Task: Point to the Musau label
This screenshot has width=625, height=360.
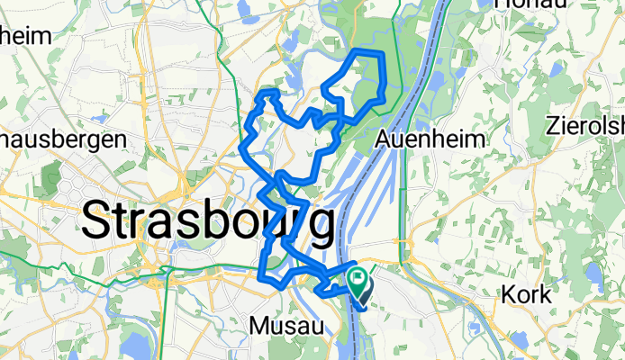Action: [285, 325]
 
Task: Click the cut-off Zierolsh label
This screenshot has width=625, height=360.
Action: [584, 125]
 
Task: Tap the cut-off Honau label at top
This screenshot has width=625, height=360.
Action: [531, 4]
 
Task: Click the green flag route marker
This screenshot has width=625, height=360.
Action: [358, 280]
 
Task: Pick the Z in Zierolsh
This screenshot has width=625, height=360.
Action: [554, 125]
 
